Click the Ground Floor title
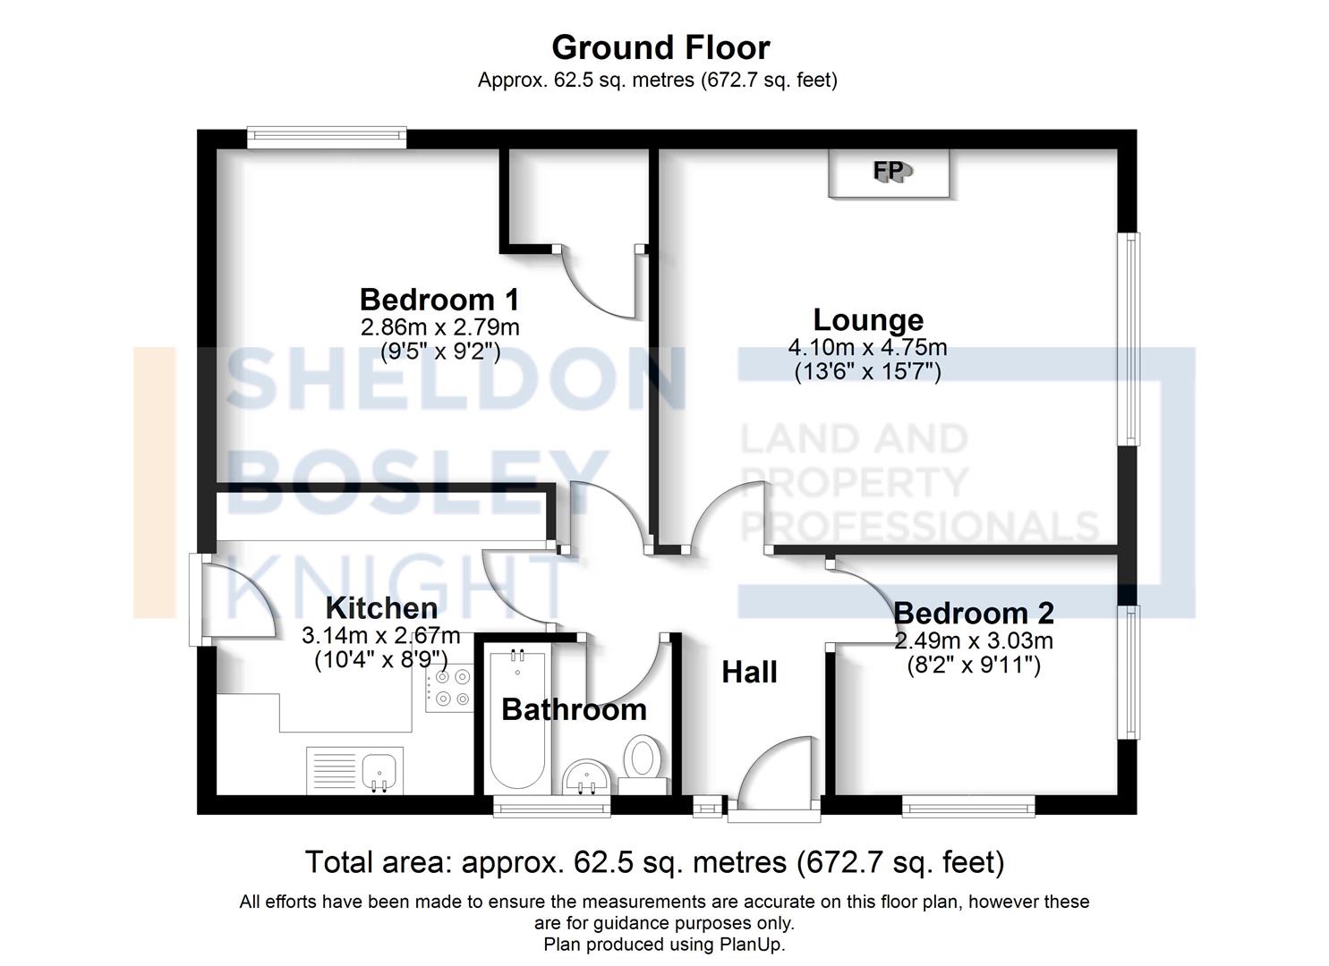(x=660, y=47)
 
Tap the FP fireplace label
(x=890, y=170)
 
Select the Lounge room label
(x=867, y=319)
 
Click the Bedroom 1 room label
(x=439, y=299)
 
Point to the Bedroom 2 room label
(x=973, y=613)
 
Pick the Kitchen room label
(x=381, y=608)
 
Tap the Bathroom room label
(x=574, y=709)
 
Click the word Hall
(x=749, y=672)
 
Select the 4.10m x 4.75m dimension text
(x=867, y=347)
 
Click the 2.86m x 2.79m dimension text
(x=439, y=326)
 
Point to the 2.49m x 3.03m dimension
(x=973, y=640)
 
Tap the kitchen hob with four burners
(x=449, y=688)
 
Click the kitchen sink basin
(x=379, y=769)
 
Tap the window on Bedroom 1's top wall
(x=327, y=137)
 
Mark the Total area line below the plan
(x=654, y=862)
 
